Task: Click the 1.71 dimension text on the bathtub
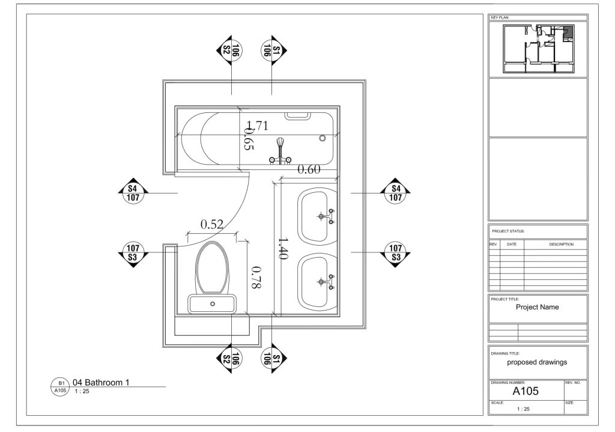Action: pos(257,126)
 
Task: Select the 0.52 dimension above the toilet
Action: pos(211,224)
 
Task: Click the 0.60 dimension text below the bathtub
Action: pos(309,169)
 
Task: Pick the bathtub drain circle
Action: pos(323,138)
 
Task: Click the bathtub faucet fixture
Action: pos(280,150)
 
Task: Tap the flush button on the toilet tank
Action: pos(213,304)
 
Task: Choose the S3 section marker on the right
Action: pos(395,252)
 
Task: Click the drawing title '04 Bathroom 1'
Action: pos(101,382)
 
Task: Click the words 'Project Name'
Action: pos(537,307)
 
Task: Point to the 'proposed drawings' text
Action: pos(537,362)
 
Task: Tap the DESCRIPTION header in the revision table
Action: pos(561,245)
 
